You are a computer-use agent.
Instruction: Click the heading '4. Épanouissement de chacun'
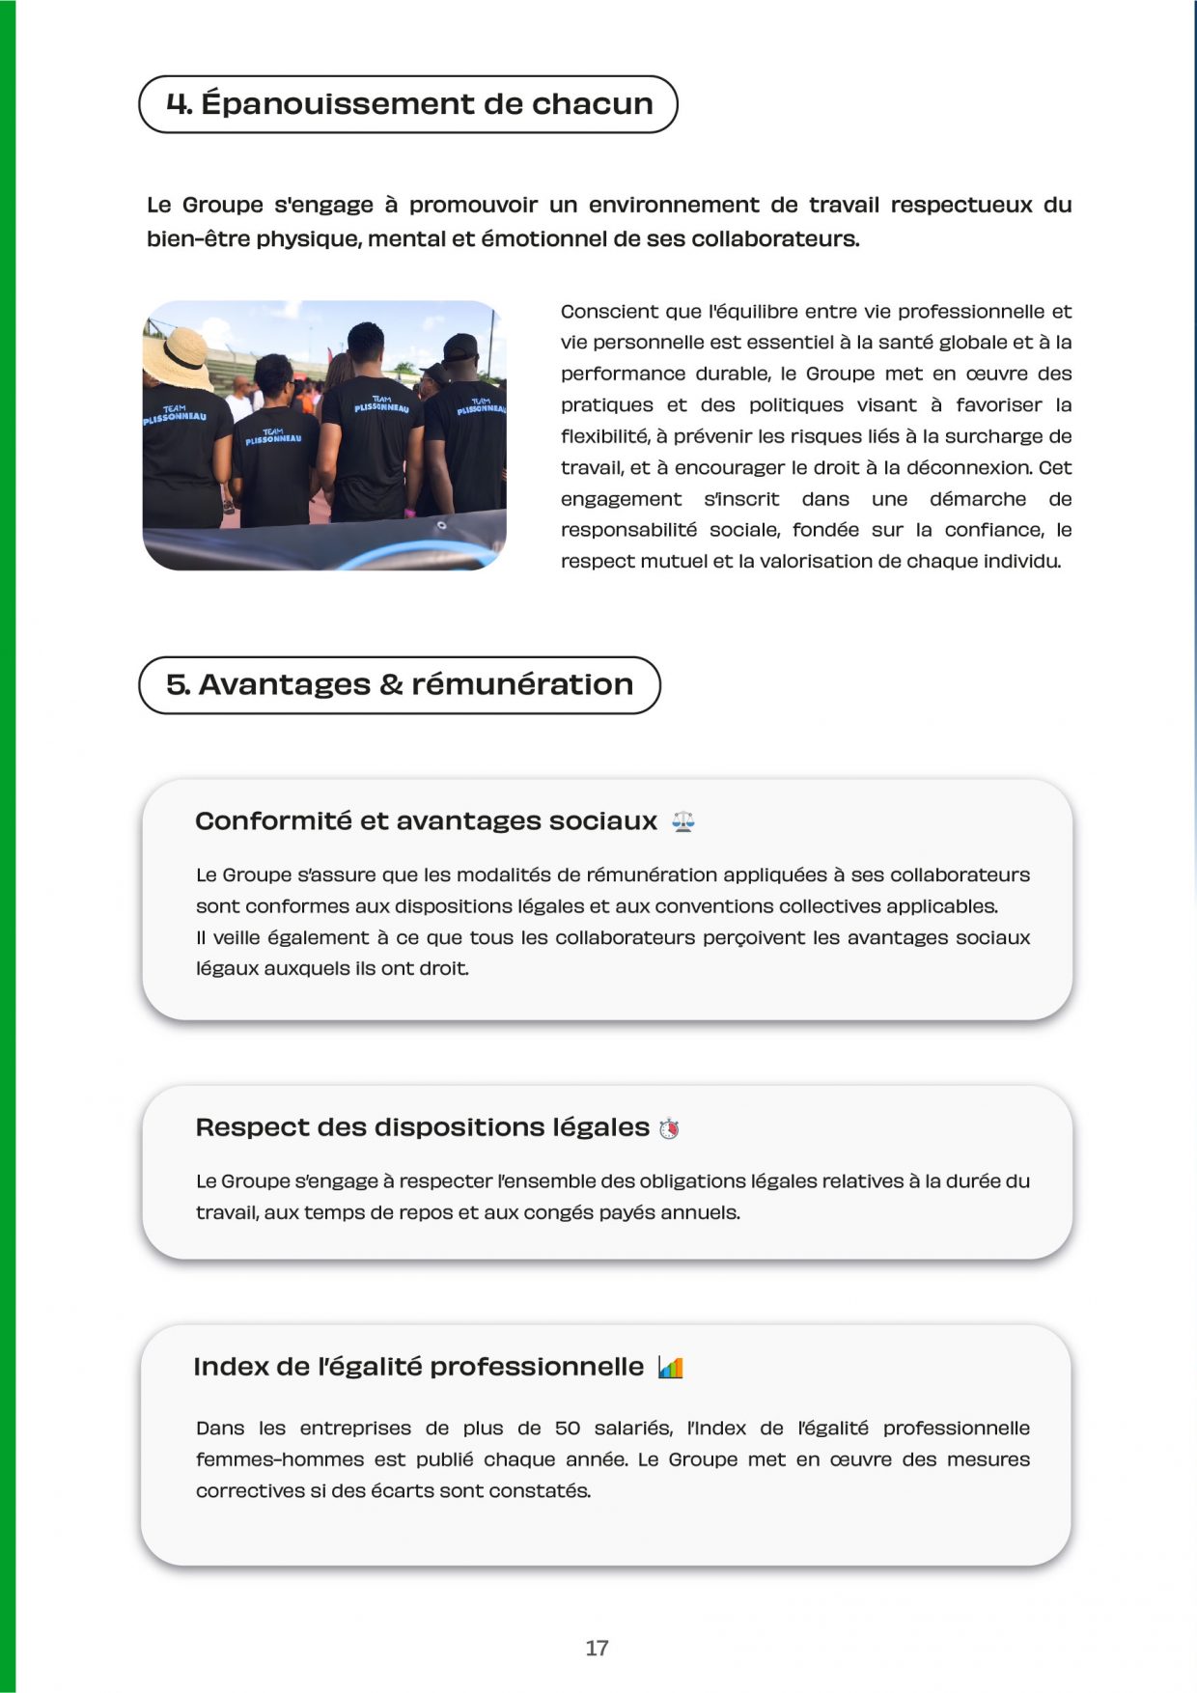tap(408, 104)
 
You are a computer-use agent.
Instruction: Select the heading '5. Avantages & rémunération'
tap(400, 685)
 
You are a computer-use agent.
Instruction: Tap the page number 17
tap(597, 1648)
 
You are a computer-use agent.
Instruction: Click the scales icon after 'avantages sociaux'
tap(683, 821)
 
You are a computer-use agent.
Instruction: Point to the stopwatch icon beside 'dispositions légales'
tap(669, 1128)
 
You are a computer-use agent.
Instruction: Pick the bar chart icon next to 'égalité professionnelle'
tap(670, 1368)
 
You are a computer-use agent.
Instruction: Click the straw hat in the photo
tap(176, 356)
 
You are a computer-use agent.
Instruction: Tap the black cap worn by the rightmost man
tap(460, 346)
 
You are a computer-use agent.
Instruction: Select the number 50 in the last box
tap(567, 1429)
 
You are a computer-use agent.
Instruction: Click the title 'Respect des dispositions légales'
tap(422, 1127)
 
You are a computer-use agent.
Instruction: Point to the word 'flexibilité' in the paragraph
tap(603, 436)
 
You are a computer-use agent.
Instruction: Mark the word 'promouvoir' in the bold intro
tap(473, 205)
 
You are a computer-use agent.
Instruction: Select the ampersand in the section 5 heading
tap(391, 685)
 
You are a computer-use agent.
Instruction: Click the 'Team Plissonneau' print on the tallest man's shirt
tap(381, 403)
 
